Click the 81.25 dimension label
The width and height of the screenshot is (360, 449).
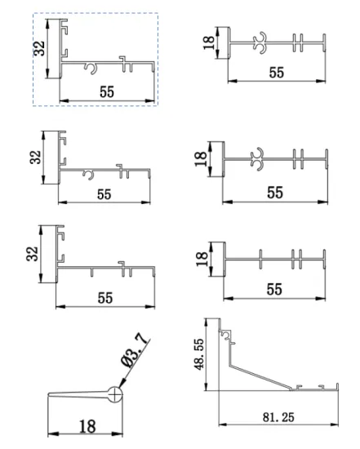coord(278,417)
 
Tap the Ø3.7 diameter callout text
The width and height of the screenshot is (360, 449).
coord(136,350)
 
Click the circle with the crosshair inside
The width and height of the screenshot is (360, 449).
coord(115,394)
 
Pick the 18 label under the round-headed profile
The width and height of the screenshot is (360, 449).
coord(87,427)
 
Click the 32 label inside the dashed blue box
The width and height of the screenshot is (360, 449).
coord(39,48)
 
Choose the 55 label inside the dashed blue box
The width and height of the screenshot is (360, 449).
coord(107,92)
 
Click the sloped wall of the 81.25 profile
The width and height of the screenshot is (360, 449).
coord(260,376)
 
